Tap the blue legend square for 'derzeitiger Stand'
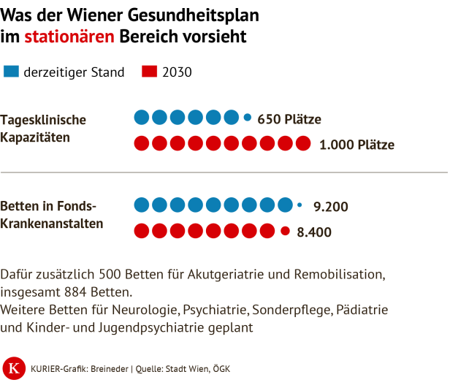pos(12,72)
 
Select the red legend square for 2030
pos(149,72)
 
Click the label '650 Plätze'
pos(289,119)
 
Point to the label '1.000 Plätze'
pos(356,145)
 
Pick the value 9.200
pos(330,207)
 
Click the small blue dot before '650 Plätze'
pos(247,117)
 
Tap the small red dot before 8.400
pos(285,232)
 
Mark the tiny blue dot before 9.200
pos(300,205)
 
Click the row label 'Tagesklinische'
pos(44,120)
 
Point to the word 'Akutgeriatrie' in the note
pos(206,274)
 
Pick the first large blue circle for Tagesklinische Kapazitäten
pos(142,117)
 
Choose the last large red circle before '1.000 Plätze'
pos(302,144)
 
